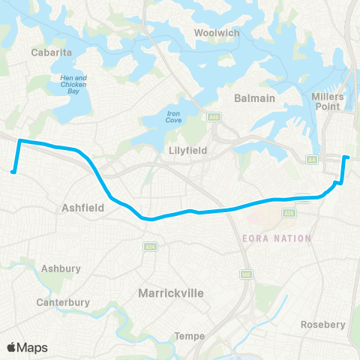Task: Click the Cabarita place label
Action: coord(50,52)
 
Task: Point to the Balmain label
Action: coord(254,98)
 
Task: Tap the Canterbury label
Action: coord(63,302)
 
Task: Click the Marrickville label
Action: coord(171,293)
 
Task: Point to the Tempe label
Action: coord(190,336)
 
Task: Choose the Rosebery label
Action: coord(322,324)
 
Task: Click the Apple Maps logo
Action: coord(27,347)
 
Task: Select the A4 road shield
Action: coord(310,159)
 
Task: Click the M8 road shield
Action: coord(245,274)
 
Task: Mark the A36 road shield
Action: coord(287,213)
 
